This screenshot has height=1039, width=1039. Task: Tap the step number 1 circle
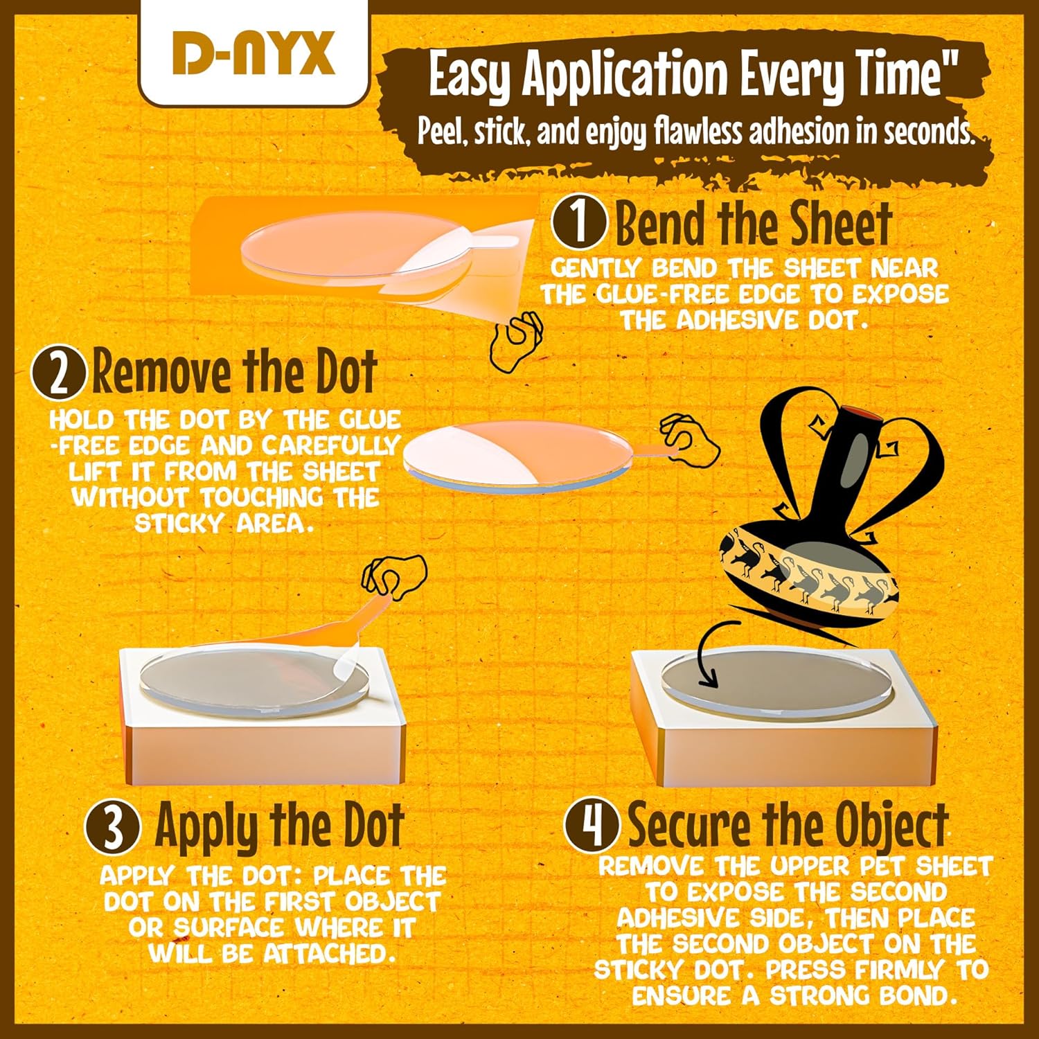[x=579, y=222]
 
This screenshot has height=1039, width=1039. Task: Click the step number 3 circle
[x=113, y=828]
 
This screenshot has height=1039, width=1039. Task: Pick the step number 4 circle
[x=592, y=826]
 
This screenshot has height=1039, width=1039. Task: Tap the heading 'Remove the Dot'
[x=235, y=373]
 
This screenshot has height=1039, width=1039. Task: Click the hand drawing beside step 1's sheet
[x=517, y=343]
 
